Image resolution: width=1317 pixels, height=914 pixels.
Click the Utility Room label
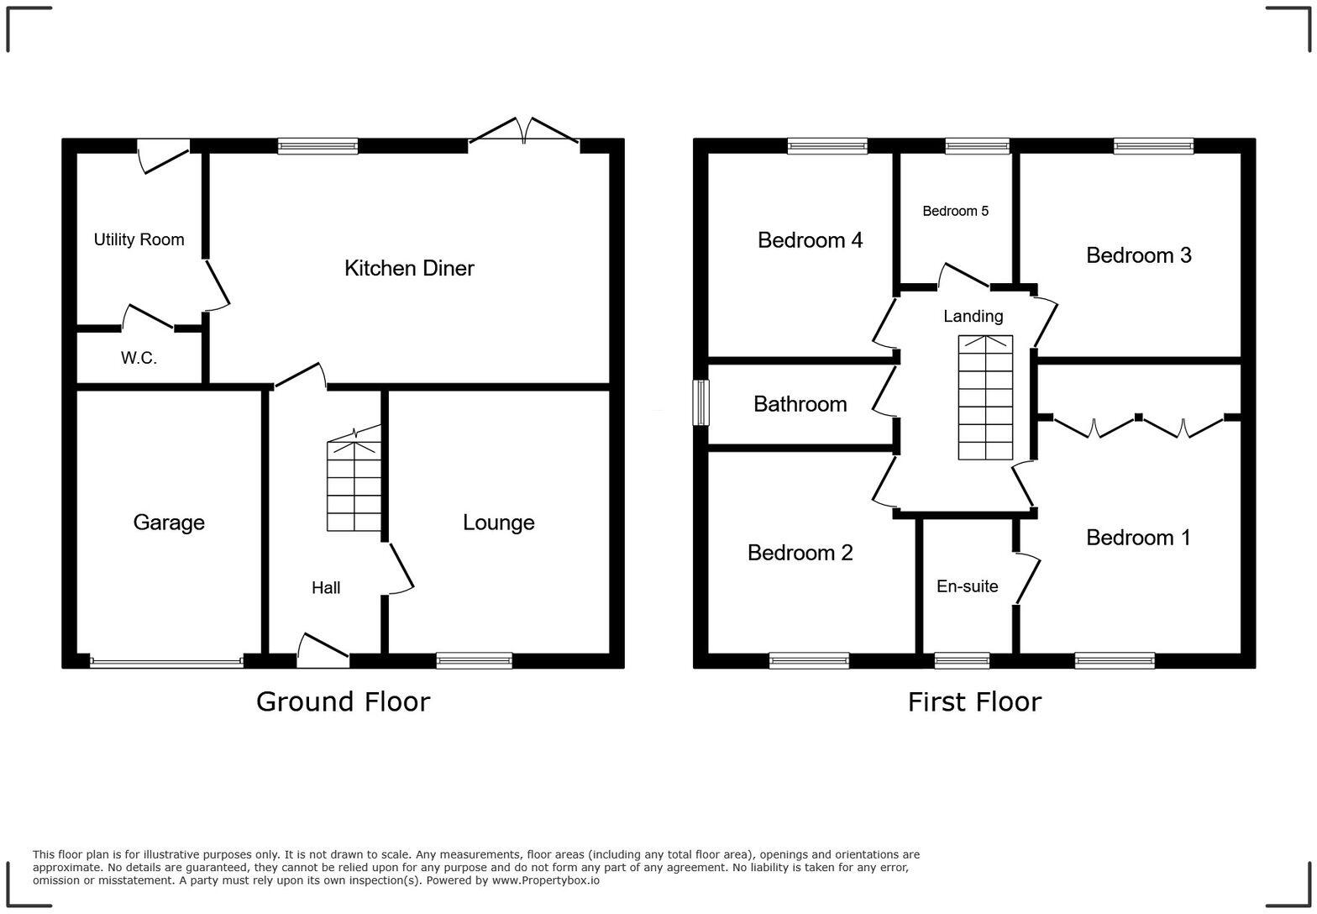[x=139, y=239]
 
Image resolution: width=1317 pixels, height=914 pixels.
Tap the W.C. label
[x=139, y=358]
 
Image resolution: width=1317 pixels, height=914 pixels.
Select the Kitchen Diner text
[x=409, y=268]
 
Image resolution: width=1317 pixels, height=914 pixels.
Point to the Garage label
[x=169, y=523]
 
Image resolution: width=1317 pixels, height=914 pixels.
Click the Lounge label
[x=498, y=523]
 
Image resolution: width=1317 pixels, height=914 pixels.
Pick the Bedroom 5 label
[x=955, y=211]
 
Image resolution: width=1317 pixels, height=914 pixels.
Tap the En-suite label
[x=967, y=586]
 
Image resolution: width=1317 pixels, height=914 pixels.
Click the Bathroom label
[x=800, y=404]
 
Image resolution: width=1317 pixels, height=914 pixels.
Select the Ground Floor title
[x=343, y=701]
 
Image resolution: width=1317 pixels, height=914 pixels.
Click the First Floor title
[x=974, y=701]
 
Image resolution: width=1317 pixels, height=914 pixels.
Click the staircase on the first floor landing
[x=985, y=397]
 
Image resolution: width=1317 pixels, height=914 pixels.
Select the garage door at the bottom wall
[x=166, y=662]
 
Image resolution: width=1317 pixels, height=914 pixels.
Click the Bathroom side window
[x=700, y=403]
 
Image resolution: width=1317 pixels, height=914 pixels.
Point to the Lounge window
[x=474, y=661]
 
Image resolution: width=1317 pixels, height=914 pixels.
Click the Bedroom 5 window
[x=977, y=146]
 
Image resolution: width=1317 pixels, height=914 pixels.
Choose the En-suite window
[x=962, y=661]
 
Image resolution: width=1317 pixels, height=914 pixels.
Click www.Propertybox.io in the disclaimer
[x=545, y=880]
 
